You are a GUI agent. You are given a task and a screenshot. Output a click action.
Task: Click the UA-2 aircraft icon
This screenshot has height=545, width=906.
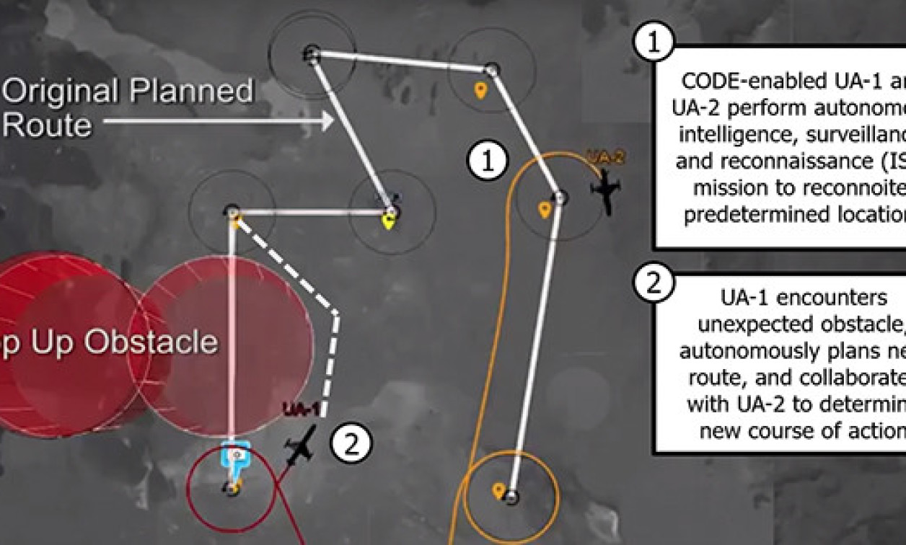(606, 192)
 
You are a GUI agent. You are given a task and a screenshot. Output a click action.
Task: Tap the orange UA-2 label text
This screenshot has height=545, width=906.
(605, 158)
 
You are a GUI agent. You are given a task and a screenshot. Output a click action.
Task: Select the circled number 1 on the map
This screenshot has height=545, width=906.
(488, 161)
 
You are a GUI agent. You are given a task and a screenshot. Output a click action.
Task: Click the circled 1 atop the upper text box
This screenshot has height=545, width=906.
(653, 43)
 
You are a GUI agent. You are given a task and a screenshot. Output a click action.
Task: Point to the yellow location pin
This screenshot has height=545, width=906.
(389, 221)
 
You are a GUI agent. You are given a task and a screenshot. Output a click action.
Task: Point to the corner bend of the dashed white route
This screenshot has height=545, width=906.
(336, 313)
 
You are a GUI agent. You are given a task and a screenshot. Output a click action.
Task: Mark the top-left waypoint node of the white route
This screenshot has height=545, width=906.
(312, 53)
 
